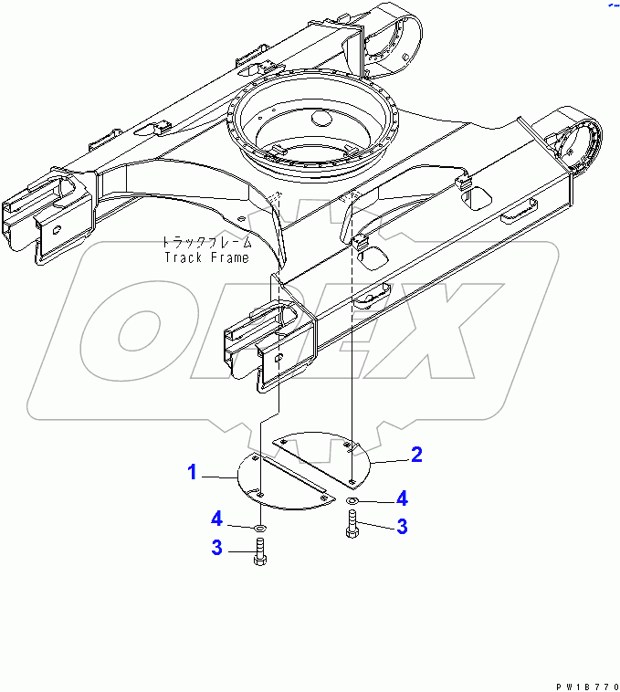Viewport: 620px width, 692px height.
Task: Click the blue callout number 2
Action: pos(416,454)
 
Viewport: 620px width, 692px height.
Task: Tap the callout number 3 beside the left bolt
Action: pos(217,548)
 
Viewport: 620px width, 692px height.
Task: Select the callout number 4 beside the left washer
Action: pos(217,519)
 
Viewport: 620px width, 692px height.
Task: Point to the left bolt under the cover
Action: pos(261,553)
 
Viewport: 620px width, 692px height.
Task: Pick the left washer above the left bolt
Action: pos(261,528)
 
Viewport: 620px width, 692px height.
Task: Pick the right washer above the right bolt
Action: pos(353,502)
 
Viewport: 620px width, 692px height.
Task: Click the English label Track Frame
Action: pos(206,257)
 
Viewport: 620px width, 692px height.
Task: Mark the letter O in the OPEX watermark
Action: pos(137,329)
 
